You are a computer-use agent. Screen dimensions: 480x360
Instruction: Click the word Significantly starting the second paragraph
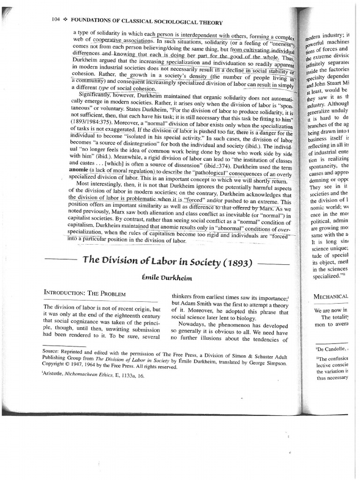point(97,94)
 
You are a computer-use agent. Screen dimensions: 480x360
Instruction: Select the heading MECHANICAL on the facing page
point(331,296)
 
